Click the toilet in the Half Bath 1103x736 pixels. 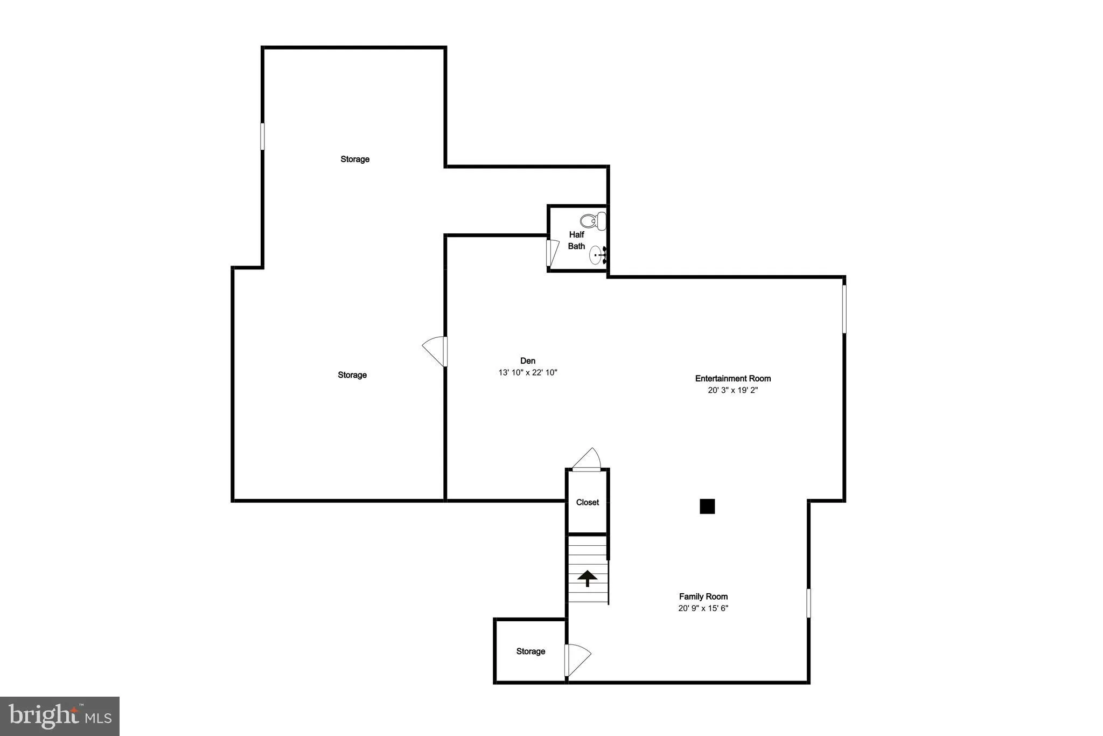pyautogui.click(x=593, y=220)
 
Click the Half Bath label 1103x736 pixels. pyautogui.click(x=576, y=240)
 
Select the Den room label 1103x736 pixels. pyautogui.click(x=528, y=360)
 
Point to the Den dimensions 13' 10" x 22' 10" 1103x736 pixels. pyautogui.click(x=528, y=372)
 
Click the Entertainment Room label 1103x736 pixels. pyautogui.click(x=732, y=378)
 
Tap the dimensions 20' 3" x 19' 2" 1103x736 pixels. pyautogui.click(x=732, y=390)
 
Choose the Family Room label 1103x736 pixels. pyautogui.click(x=703, y=596)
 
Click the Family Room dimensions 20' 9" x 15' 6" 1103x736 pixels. pyautogui.click(x=703, y=608)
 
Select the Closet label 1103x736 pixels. pyautogui.click(x=587, y=502)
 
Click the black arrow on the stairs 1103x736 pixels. pyautogui.click(x=587, y=578)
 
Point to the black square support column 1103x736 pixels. pyautogui.click(x=707, y=506)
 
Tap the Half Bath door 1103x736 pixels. pyautogui.click(x=551, y=253)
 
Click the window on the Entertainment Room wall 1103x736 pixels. pyautogui.click(x=844, y=309)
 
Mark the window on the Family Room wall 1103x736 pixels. pyautogui.click(x=808, y=602)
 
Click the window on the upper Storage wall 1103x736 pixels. pyautogui.click(x=262, y=136)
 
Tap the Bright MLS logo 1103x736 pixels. pyautogui.click(x=60, y=716)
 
